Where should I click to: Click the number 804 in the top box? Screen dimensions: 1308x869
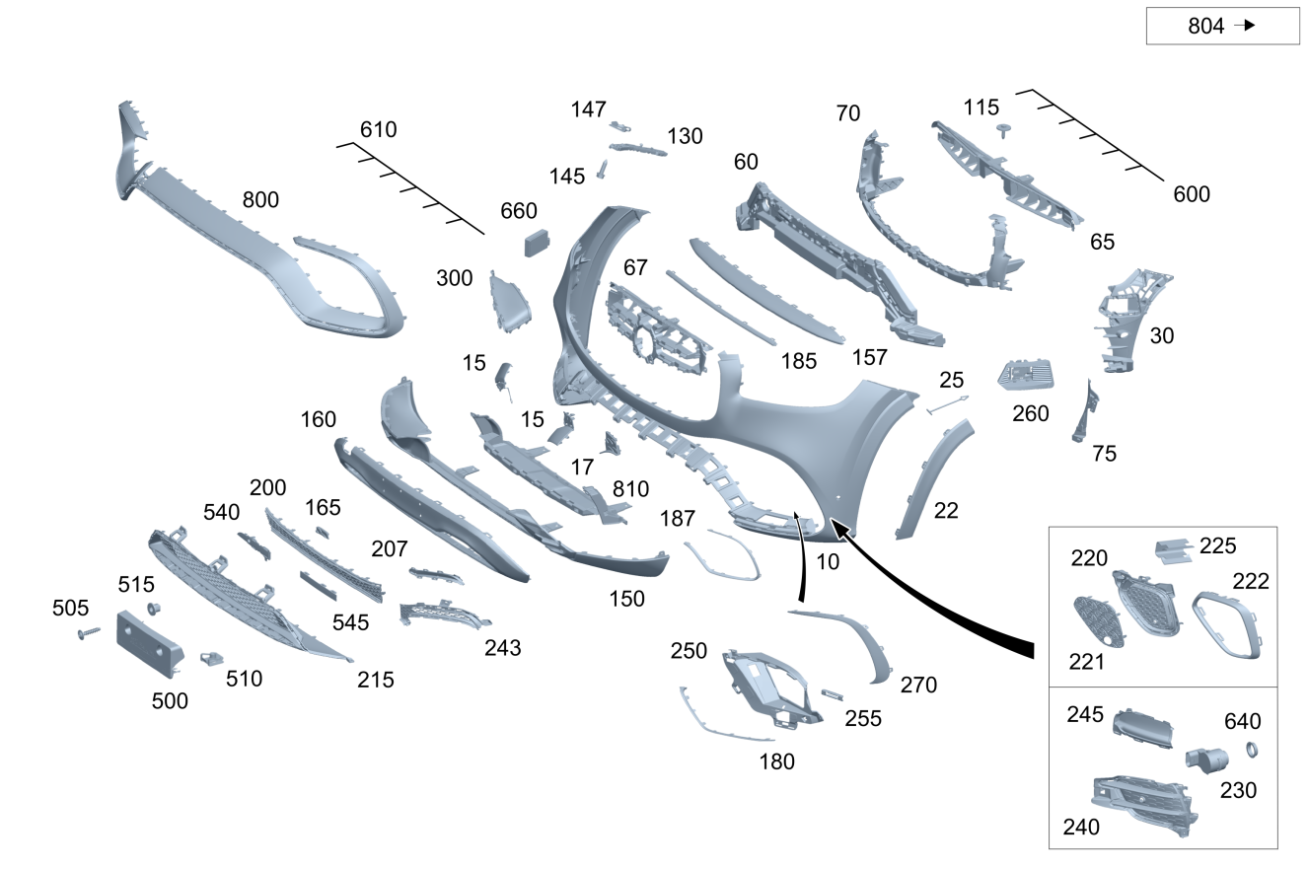(x=1205, y=26)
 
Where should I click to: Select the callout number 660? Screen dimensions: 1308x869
(x=519, y=211)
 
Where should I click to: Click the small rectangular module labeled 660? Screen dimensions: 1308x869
(x=537, y=243)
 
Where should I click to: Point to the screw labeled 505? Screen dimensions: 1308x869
(x=89, y=633)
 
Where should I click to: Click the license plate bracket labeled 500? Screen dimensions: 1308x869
(x=150, y=644)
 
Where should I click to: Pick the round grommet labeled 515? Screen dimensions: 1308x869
(x=154, y=609)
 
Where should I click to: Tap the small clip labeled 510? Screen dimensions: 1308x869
(x=211, y=659)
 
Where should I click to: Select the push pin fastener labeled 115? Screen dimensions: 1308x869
(x=1004, y=130)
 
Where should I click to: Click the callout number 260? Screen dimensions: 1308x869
(x=1031, y=414)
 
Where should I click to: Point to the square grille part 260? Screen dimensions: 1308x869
(x=1026, y=375)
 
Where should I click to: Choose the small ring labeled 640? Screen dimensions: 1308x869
(x=1252, y=750)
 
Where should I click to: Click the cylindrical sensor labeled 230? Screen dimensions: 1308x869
(x=1207, y=760)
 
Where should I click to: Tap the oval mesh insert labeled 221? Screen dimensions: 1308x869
(x=1098, y=621)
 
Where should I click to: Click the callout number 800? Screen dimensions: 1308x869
(x=260, y=199)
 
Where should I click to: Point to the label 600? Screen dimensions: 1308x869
(x=1192, y=194)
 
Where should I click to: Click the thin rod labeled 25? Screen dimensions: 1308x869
(x=947, y=404)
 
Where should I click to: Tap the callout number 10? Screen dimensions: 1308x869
(x=828, y=562)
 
